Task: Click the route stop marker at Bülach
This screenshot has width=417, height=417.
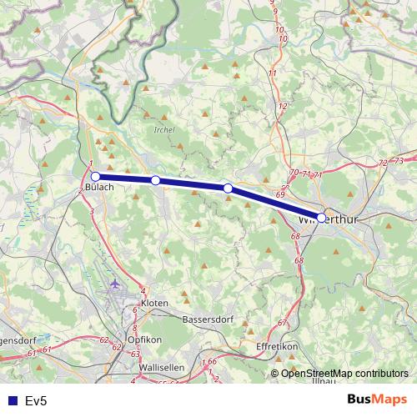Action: point(95,177)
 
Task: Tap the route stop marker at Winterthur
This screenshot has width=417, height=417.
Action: point(321,218)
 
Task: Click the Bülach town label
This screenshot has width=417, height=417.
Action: point(98,187)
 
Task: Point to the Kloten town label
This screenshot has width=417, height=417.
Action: point(154,302)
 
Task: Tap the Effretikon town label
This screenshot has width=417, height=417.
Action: point(276,344)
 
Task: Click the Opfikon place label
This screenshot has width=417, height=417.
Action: point(144,339)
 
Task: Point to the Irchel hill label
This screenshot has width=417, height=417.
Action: point(164,131)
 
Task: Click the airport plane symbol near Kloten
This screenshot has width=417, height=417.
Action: point(115,284)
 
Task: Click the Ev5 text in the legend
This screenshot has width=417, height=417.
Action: point(36,401)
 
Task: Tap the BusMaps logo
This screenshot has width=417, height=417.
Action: point(376,400)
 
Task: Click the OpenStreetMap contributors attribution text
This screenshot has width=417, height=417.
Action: point(344,374)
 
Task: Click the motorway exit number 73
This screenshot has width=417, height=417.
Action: point(399,160)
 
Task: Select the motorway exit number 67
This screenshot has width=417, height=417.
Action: point(282,323)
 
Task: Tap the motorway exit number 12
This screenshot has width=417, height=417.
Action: point(283,106)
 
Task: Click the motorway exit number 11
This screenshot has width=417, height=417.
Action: point(272,73)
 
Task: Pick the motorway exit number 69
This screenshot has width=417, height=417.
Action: point(280,193)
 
